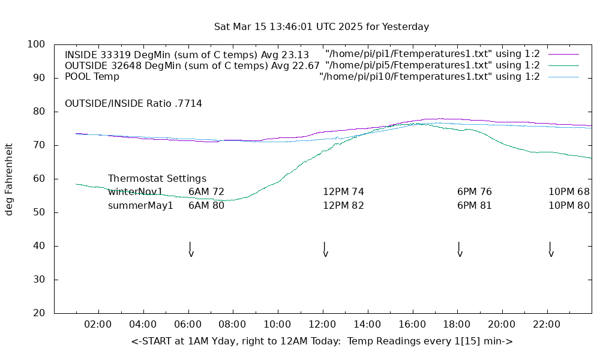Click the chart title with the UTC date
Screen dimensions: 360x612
pos(322,27)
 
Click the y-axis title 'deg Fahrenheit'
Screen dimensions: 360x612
pos(9,179)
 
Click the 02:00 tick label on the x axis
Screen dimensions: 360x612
pos(98,325)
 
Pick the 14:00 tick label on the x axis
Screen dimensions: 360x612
pos(367,325)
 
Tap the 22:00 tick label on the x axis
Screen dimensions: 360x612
pos(547,325)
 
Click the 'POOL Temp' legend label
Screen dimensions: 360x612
pos(92,77)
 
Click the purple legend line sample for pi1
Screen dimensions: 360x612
pos(563,55)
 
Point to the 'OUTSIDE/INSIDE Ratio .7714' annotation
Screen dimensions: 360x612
pos(133,104)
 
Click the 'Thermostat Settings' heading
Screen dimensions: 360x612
pos(157,179)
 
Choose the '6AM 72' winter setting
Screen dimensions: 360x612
pos(206,192)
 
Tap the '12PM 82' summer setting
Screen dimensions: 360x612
pos(343,206)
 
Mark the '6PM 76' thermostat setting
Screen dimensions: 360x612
pos(475,192)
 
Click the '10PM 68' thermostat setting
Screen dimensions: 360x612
pos(569,192)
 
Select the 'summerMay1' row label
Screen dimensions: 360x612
pos(140,206)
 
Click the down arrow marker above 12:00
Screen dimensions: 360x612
pos(325,250)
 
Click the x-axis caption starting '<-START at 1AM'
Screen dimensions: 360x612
pos(322,341)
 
